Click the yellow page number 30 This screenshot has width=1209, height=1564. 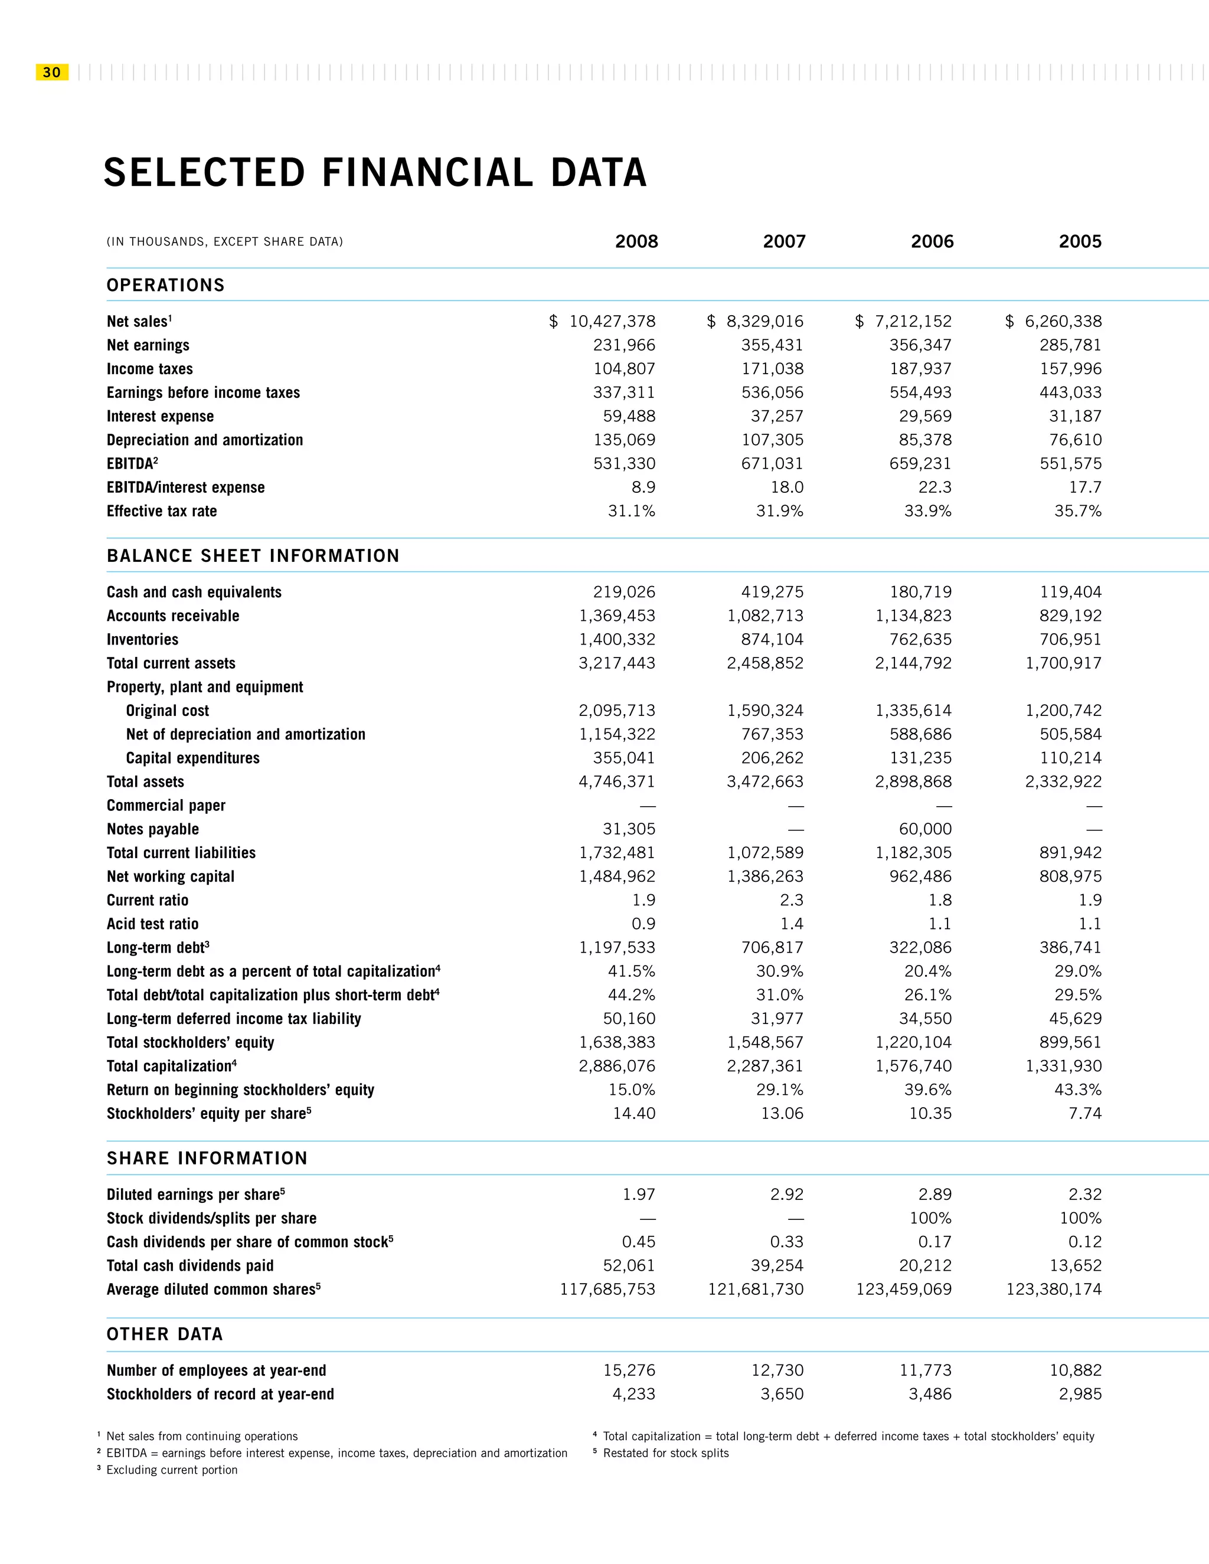[51, 73]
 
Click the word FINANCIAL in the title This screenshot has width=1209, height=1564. [427, 174]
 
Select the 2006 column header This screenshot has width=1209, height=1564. [932, 242]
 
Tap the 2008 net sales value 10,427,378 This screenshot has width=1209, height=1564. [612, 322]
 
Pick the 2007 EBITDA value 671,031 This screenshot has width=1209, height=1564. [772, 464]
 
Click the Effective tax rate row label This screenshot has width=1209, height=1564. [162, 511]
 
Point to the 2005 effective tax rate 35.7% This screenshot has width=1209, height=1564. [1078, 511]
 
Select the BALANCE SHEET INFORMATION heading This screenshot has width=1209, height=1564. [253, 556]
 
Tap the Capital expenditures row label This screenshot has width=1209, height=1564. [192, 758]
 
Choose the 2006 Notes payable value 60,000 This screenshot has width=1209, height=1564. [926, 829]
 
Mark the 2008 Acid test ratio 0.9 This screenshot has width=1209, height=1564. [643, 924]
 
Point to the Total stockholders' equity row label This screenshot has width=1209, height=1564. [191, 1043]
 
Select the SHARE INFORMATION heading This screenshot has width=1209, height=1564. [207, 1159]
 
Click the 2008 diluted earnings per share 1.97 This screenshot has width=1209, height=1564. [639, 1195]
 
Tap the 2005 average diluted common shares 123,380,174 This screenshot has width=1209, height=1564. [1054, 1290]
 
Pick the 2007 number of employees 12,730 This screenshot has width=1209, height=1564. [777, 1370]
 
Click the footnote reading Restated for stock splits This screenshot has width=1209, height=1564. [665, 1453]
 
